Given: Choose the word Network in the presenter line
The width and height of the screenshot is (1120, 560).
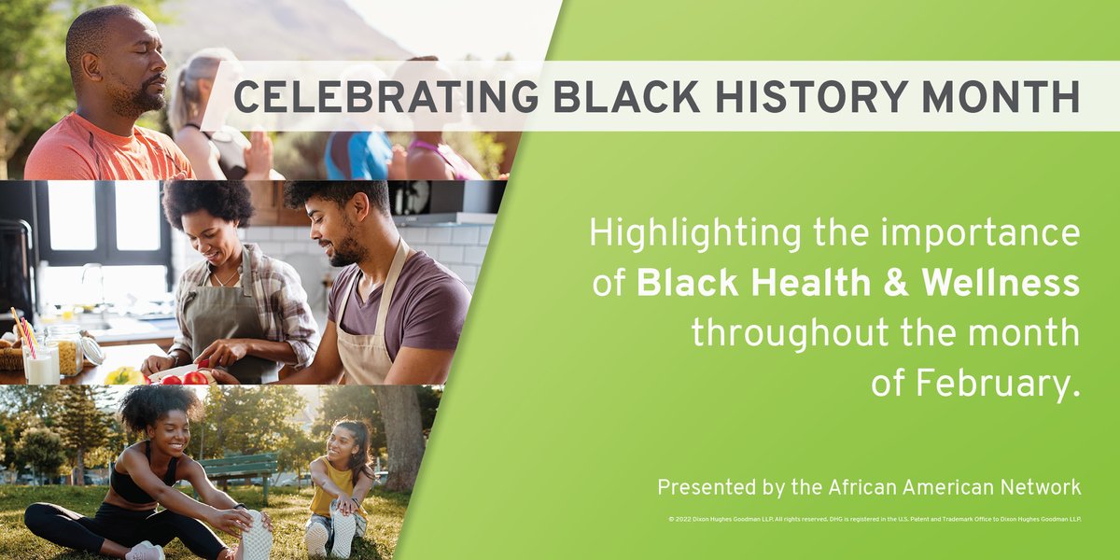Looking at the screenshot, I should point(1035,487).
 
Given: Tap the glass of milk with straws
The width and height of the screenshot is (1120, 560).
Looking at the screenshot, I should point(40,363).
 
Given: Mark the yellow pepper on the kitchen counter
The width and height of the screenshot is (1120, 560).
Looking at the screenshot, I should point(124,375).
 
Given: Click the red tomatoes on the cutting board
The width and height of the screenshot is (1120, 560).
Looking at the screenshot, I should point(194,377).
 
